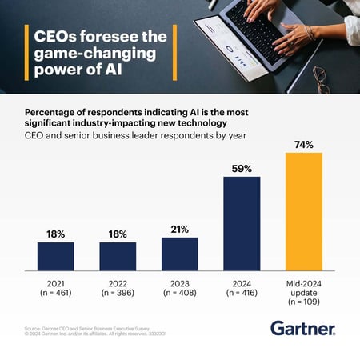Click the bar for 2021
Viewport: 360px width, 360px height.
pos(56,256)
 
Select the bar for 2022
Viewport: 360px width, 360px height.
pos(118,256)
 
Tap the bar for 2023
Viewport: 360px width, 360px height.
pos(180,254)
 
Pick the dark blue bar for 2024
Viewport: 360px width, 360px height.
pos(242,223)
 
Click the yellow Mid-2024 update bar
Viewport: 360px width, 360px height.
pos(304,211)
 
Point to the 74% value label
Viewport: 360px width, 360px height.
pos(304,145)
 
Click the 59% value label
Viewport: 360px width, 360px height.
pos(242,169)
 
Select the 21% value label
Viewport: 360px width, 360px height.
pos(180,230)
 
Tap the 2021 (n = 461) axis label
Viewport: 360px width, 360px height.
pos(56,287)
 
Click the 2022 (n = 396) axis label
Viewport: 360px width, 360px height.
pos(118,287)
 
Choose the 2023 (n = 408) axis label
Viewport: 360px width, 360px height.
pos(180,287)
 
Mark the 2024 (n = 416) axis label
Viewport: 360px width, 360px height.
pos(242,287)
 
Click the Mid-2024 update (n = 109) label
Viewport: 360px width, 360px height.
pos(304,292)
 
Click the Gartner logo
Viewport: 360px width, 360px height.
pos(303,328)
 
